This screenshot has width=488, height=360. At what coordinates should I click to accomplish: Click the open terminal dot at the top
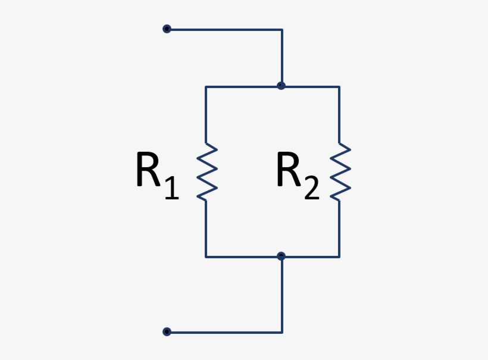click(x=167, y=29)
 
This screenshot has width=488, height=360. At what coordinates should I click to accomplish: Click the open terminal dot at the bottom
click(x=167, y=331)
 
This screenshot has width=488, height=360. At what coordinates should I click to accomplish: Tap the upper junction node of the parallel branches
click(x=281, y=86)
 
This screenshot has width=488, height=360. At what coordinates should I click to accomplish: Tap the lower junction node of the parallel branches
click(x=281, y=256)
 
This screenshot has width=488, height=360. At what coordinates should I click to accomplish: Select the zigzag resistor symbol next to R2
click(x=340, y=171)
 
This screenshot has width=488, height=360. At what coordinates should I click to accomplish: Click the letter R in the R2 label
click(x=288, y=171)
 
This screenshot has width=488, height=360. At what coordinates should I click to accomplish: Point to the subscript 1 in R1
click(x=171, y=187)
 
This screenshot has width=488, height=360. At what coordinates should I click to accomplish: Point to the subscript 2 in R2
click(x=311, y=187)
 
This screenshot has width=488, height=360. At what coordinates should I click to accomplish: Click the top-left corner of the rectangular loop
click(x=206, y=87)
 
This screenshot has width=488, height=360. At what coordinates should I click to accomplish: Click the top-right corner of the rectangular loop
click(x=339, y=87)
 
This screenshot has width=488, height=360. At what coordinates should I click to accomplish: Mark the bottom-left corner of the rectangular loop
click(x=206, y=257)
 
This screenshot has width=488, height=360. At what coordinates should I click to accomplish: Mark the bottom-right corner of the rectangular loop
click(x=339, y=257)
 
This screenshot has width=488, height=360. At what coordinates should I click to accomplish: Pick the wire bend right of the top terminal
click(x=281, y=29)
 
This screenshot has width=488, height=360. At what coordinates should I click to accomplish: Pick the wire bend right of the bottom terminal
click(x=281, y=331)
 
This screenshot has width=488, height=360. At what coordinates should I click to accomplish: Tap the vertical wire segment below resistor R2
click(x=339, y=229)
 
